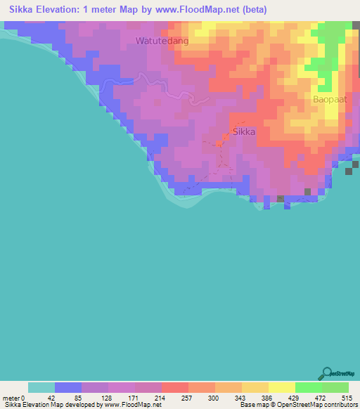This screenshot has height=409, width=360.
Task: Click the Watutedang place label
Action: (162, 41)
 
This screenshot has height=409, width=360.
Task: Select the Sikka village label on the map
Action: (243, 131)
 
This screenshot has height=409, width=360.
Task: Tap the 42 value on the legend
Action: (41, 397)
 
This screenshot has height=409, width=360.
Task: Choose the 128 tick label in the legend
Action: (95, 397)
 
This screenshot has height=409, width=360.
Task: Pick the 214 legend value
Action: (148, 397)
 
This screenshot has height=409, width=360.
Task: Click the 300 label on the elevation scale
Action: (202, 397)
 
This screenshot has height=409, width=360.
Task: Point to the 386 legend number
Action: (255, 397)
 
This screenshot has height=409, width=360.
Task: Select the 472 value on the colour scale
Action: (309, 397)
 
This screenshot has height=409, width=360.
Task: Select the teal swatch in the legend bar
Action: (41, 387)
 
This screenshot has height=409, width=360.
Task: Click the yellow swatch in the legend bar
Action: (282, 387)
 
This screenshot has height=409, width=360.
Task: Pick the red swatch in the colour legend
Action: (175, 387)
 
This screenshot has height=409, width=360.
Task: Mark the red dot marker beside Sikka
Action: (226, 134)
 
